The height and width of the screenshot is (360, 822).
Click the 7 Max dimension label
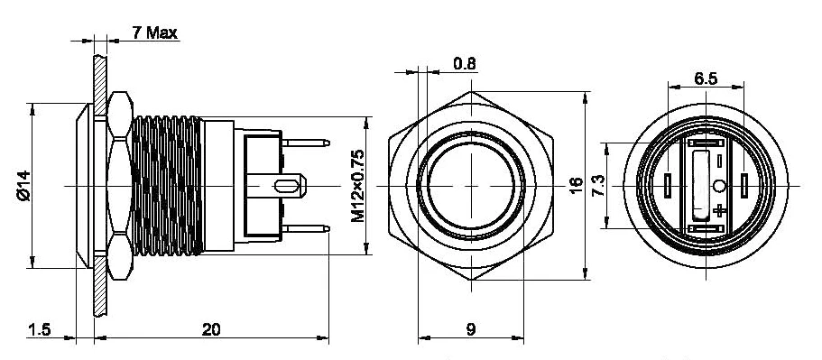pos(154,32)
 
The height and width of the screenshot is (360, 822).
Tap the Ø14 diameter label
pos(24,186)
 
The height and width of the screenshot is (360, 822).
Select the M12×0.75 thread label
pos(357,186)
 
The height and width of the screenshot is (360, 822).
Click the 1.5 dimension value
pos(40,329)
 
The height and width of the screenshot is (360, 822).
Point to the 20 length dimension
pos(211,329)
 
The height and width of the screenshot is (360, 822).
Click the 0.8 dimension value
pos(465,64)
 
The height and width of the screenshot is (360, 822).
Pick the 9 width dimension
pos(471,329)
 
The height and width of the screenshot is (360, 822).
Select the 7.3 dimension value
pos(598,186)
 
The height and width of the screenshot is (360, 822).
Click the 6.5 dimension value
pos(706,79)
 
